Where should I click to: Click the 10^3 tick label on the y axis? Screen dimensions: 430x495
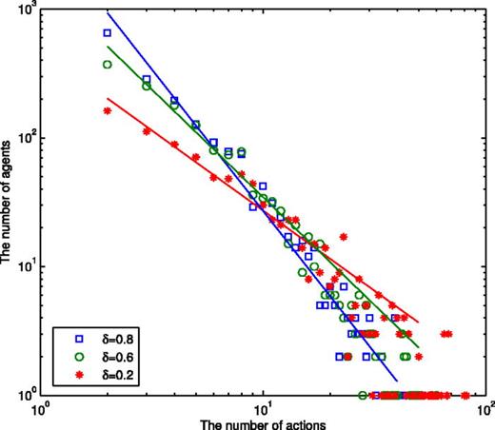click(23, 10)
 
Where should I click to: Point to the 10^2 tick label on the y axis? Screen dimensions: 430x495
click(23, 138)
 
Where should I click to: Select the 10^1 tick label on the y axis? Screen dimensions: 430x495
click(23, 266)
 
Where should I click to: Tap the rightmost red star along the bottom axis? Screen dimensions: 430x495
click(465, 395)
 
